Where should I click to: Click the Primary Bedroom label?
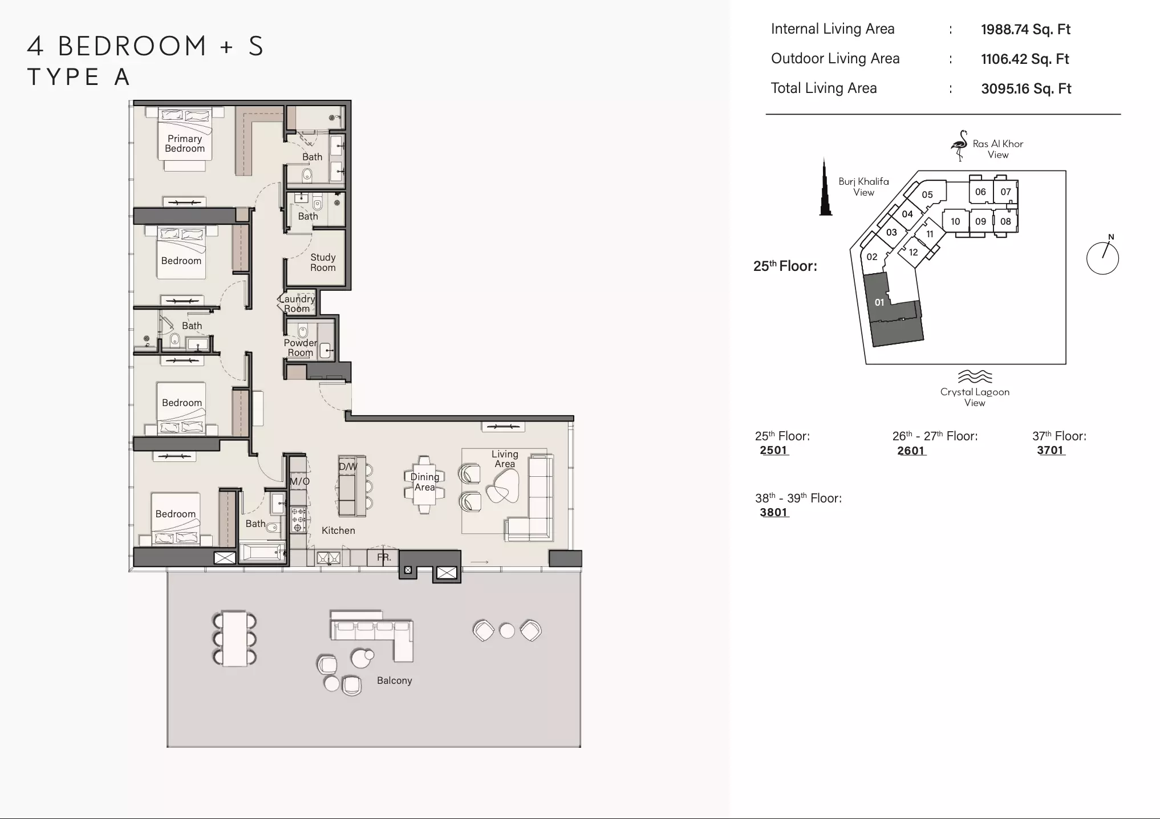tap(185, 144)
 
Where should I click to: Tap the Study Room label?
tap(323, 262)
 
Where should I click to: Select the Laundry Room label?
tap(297, 303)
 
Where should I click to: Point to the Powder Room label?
tap(301, 347)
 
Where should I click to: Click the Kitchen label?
tap(338, 530)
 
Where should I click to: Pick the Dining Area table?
tap(424, 484)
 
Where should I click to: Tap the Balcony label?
tap(394, 680)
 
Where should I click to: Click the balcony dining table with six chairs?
tap(234, 639)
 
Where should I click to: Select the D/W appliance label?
tap(348, 467)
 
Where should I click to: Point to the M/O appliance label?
tap(299, 481)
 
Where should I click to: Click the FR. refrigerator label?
tap(384, 557)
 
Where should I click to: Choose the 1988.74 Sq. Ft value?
tap(1025, 30)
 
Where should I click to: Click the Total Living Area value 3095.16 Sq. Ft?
tap(1026, 89)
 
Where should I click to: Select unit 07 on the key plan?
tap(1005, 192)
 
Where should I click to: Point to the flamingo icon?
tap(959, 145)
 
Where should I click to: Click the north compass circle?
tap(1102, 258)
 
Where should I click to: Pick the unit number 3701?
tap(1051, 450)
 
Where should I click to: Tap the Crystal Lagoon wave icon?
tap(975, 376)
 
